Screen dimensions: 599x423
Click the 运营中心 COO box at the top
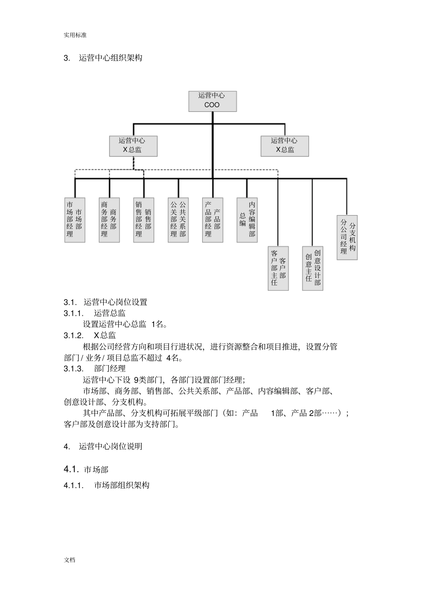(x=212, y=101)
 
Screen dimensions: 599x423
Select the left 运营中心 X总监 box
(x=133, y=146)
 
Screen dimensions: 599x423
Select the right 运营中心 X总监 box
(x=285, y=146)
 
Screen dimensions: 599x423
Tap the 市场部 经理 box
(x=75, y=220)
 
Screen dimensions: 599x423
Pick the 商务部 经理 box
(x=109, y=220)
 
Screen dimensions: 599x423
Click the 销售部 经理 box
(x=143, y=220)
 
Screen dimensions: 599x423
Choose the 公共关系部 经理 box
(x=178, y=220)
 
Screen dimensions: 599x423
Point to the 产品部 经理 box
(x=212, y=220)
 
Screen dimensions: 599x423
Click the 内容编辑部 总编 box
(x=247, y=220)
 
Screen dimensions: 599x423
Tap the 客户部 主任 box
(x=278, y=268)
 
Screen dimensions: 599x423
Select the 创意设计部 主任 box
(x=313, y=268)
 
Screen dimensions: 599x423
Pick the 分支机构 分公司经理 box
(x=347, y=237)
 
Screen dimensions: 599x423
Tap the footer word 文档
(x=69, y=560)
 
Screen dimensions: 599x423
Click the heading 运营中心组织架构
(x=110, y=58)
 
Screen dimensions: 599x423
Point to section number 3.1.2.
(x=73, y=335)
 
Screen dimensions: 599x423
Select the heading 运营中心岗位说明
(x=110, y=446)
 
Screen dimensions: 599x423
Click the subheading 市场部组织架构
(x=122, y=485)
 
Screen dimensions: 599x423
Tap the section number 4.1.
(x=71, y=469)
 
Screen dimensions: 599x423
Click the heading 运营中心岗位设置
(x=115, y=302)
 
